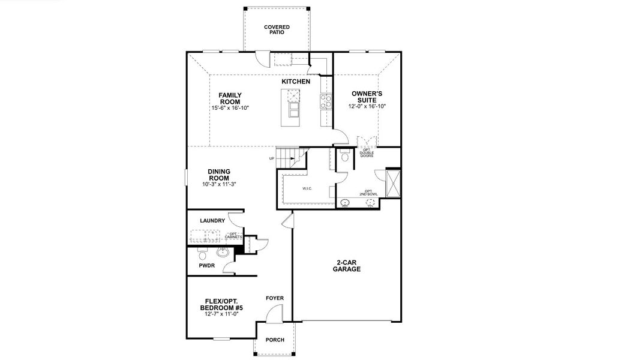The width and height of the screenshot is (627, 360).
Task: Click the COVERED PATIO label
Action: point(277,29)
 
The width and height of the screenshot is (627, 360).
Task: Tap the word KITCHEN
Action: point(296,82)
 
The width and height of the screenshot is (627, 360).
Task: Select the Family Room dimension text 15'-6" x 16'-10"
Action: point(229,108)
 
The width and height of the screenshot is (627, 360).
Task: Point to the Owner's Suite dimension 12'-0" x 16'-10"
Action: point(367,106)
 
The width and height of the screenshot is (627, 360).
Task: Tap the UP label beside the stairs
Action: point(272,158)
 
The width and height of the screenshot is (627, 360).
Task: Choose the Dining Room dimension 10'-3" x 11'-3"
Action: point(219,184)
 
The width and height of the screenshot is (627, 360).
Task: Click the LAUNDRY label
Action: point(212,221)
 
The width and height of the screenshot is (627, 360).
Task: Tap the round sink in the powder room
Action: point(223,252)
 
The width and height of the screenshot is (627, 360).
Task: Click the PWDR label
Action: point(206,265)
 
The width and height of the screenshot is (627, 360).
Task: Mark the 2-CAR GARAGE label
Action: point(346,266)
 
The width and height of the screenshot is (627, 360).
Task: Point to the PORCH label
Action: point(275,340)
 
